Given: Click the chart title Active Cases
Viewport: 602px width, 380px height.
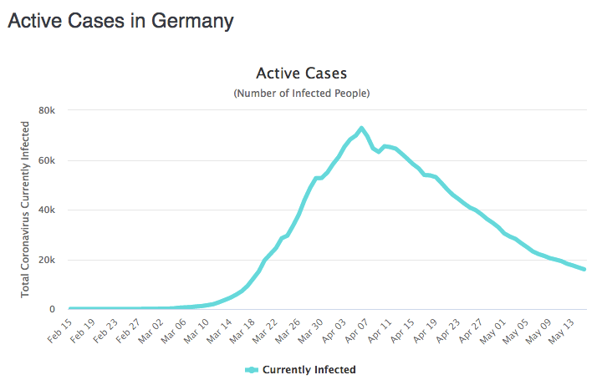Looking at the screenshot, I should tap(301, 74).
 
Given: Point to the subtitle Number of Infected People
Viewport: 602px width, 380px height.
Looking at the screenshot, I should tap(301, 93).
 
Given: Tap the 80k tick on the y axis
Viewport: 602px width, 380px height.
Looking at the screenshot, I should tap(47, 110).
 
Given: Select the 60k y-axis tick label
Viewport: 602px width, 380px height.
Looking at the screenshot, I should tap(47, 160).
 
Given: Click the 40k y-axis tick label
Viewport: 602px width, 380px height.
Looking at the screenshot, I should tap(47, 210).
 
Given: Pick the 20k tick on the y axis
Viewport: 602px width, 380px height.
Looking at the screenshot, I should tap(47, 260).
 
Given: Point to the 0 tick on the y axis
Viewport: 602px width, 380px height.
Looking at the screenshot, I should tap(52, 309).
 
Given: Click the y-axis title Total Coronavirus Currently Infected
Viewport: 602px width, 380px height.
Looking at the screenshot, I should tap(26, 210).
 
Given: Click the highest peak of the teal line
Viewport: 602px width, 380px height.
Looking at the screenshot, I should tap(361, 128).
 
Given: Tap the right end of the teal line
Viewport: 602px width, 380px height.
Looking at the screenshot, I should tap(584, 269).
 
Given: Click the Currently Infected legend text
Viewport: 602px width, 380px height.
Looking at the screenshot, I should tap(309, 369).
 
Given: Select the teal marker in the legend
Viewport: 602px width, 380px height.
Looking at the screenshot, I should tap(252, 369).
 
